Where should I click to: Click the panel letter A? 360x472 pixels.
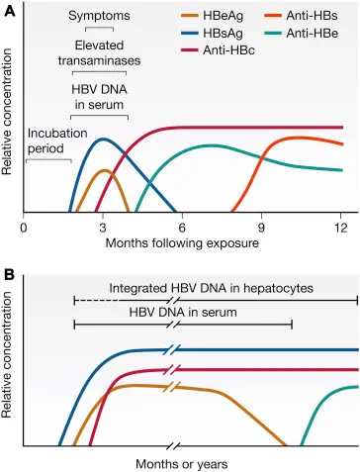pyautogui.click(x=9, y=9)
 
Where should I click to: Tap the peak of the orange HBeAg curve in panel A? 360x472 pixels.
pyautogui.click(x=103, y=169)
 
